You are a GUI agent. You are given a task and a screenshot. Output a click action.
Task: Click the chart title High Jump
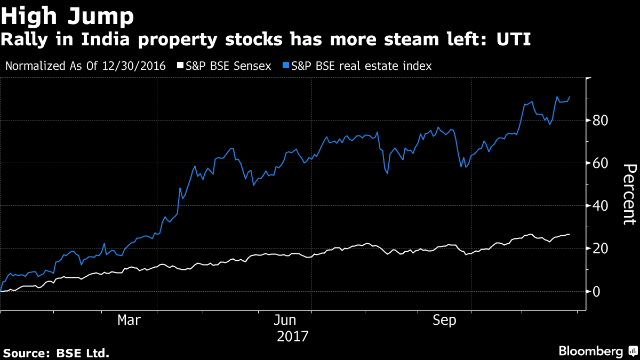tap(67, 17)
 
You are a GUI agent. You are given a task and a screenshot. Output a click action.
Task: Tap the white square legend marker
tap(180, 66)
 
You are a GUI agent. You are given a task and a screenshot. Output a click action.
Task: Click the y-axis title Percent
tap(629, 195)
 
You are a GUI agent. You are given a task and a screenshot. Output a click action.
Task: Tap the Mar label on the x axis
tap(130, 320)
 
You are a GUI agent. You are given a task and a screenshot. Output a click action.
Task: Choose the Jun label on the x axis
tap(286, 320)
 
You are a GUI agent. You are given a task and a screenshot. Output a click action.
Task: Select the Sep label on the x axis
tap(445, 320)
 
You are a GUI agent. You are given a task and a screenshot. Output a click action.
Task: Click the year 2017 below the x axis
tap(293, 337)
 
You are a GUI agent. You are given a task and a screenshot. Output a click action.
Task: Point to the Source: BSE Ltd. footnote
tap(57, 353)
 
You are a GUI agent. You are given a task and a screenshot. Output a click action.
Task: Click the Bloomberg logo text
tap(590, 351)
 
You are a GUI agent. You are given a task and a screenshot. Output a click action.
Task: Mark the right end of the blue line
tap(570, 97)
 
